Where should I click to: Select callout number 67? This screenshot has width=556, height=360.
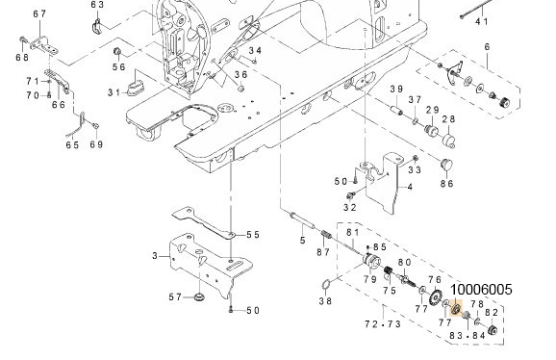pyautogui.click(x=38, y=13)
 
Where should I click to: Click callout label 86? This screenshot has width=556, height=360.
pyautogui.click(x=446, y=183)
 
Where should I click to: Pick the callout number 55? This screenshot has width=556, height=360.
pyautogui.click(x=252, y=235)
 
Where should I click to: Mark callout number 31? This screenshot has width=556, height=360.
pyautogui.click(x=114, y=92)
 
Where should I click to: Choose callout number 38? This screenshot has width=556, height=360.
pyautogui.click(x=325, y=301)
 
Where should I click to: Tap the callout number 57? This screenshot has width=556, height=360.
pyautogui.click(x=176, y=297)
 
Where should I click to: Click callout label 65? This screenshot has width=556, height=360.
pyautogui.click(x=72, y=145)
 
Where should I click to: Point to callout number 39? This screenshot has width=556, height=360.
pyautogui.click(x=394, y=90)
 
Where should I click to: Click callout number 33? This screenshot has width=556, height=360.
pyautogui.click(x=415, y=170)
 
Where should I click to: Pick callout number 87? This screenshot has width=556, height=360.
pyautogui.click(x=323, y=252)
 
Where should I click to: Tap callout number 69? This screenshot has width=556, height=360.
pyautogui.click(x=96, y=145)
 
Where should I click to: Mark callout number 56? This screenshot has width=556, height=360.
pyautogui.click(x=118, y=66)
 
